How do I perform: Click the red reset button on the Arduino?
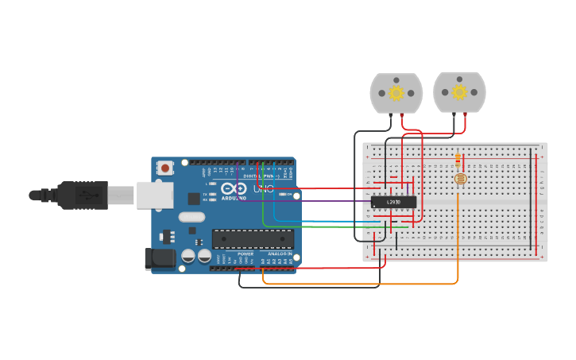(x=165, y=168)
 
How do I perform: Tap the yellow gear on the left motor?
(x=396, y=92)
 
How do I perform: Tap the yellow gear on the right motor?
(x=459, y=92)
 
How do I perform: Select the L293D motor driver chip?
(x=393, y=202)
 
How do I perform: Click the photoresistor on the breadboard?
(x=460, y=179)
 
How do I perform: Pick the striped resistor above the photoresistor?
(x=458, y=159)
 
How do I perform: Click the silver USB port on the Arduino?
(x=154, y=195)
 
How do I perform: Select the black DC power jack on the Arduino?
(x=159, y=259)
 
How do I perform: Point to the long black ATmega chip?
(x=253, y=239)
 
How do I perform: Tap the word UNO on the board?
(x=262, y=189)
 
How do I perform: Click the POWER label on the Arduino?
(x=245, y=254)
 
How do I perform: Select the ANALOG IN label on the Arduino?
(x=279, y=254)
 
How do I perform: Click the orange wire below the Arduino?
(x=358, y=284)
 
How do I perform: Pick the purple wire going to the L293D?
(x=318, y=200)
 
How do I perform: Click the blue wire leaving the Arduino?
(x=334, y=221)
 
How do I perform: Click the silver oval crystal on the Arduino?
(x=191, y=217)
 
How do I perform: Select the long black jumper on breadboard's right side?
(x=532, y=199)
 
